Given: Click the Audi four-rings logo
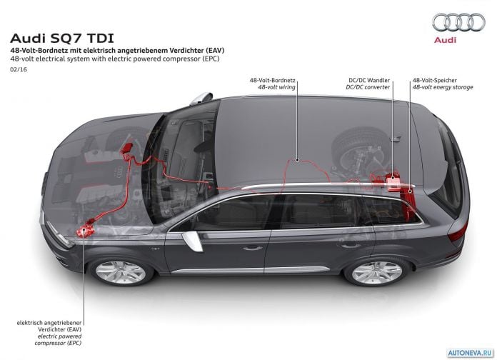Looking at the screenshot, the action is [x=458, y=23].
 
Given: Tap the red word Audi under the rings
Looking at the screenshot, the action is [x=445, y=40].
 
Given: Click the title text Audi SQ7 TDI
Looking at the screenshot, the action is [x=62, y=39].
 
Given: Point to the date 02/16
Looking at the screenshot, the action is [x=19, y=69].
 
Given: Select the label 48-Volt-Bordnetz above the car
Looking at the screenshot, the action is [x=272, y=80].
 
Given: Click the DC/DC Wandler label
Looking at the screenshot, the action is [x=369, y=80].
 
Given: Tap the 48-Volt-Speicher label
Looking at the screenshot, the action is [x=435, y=80].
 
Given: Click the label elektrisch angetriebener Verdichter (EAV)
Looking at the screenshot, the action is [x=49, y=326].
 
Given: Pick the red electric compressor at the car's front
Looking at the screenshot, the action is [x=85, y=229].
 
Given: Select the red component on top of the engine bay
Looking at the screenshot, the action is [x=127, y=149].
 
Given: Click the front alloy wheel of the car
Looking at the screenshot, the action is [x=121, y=272].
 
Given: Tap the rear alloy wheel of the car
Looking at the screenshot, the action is [x=377, y=272].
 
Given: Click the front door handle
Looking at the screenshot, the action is [x=253, y=248].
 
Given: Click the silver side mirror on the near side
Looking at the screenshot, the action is [x=193, y=241].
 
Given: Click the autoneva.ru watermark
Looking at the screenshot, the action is [x=471, y=352].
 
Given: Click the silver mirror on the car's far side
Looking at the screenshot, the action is [x=201, y=99].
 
